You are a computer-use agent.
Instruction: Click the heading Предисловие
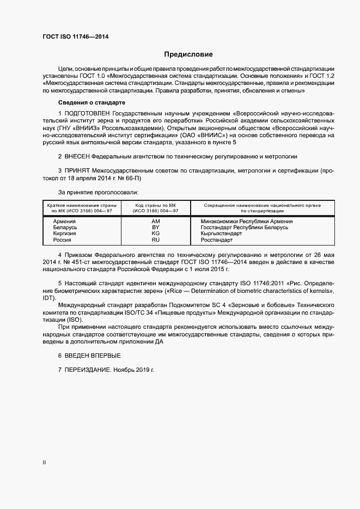click(188, 54)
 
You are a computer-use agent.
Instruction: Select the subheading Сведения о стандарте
click(91, 102)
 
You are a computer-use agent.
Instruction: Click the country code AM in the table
click(156, 222)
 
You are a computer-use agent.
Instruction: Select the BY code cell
click(156, 228)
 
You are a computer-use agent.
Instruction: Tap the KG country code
click(156, 234)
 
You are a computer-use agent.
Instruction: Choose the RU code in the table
click(156, 240)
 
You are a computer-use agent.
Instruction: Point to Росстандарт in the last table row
click(216, 240)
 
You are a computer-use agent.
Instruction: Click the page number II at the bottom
click(44, 463)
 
